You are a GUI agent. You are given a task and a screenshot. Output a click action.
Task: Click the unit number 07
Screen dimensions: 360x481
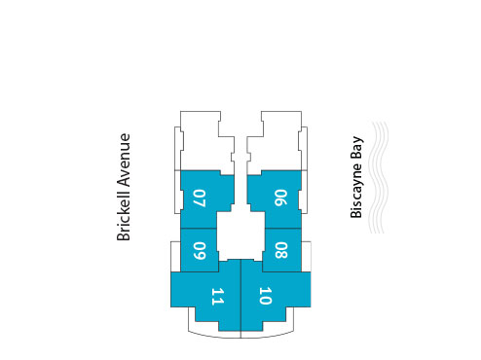pyautogui.click(x=200, y=198)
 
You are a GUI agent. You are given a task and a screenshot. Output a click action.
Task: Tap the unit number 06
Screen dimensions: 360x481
pyautogui.click(x=279, y=198)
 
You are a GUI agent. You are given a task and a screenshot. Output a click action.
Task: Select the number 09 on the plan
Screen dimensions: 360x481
pyautogui.click(x=199, y=250)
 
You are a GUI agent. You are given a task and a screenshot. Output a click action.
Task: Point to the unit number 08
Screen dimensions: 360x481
pyautogui.click(x=280, y=250)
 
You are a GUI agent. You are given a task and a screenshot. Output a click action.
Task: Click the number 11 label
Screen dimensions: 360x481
pyautogui.click(x=217, y=296)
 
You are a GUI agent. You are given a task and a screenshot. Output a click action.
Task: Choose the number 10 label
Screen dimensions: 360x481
pyautogui.click(x=265, y=296)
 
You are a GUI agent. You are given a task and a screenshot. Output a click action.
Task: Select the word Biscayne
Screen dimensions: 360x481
pyautogui.click(x=357, y=190)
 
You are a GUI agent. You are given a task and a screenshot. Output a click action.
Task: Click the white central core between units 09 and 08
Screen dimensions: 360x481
pyautogui.click(x=240, y=236)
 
